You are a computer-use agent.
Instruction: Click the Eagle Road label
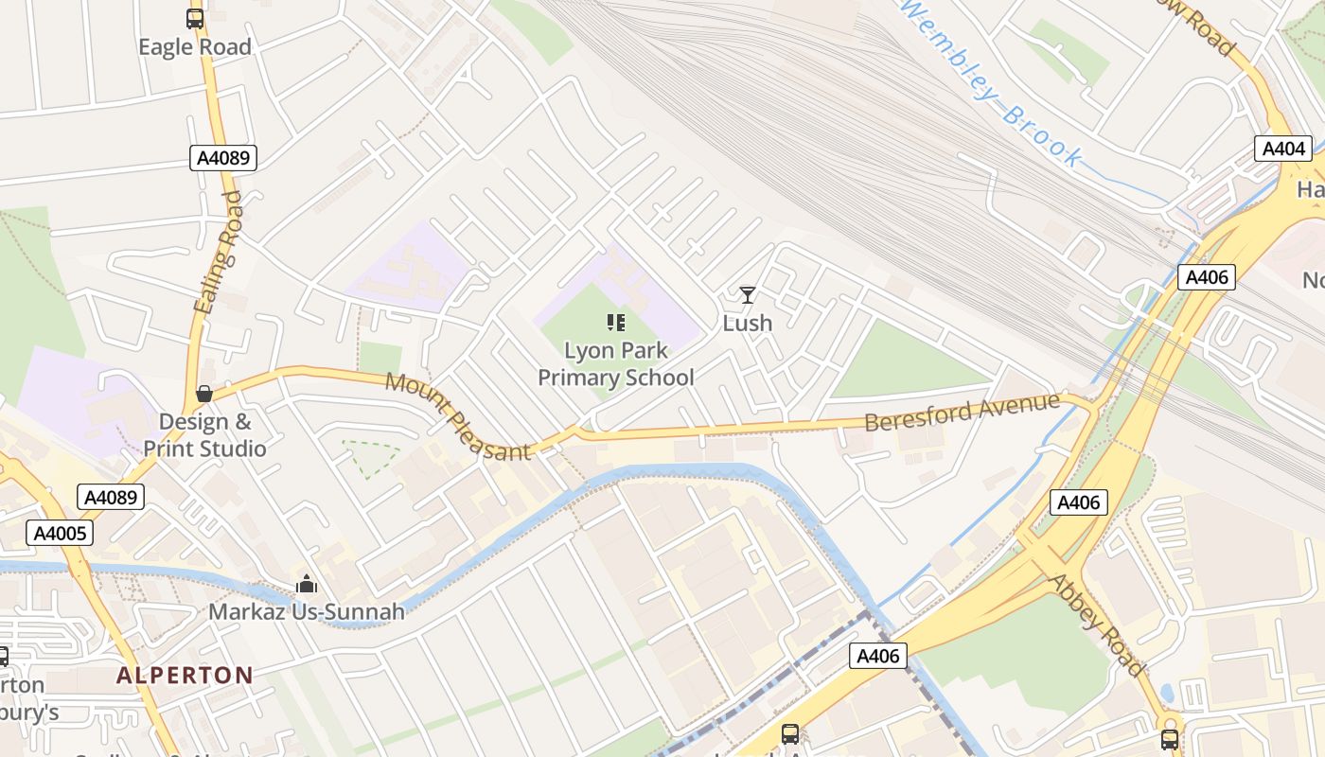(195, 47)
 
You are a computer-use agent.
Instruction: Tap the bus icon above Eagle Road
(195, 18)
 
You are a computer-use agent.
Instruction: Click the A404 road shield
(1283, 149)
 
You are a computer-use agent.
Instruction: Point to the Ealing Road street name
(218, 252)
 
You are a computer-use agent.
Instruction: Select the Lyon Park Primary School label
(616, 364)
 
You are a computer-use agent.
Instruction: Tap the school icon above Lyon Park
(616, 323)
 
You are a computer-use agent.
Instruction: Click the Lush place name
(748, 324)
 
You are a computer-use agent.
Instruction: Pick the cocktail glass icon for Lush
(748, 295)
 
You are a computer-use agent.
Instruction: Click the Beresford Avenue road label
(962, 413)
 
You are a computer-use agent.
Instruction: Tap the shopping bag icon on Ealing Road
(203, 394)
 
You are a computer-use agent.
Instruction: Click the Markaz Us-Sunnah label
(307, 612)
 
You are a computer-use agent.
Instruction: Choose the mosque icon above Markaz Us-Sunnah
(306, 584)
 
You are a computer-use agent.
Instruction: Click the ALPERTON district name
(185, 676)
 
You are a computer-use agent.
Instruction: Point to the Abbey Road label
(1097, 625)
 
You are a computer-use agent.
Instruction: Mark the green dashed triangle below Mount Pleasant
(370, 457)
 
